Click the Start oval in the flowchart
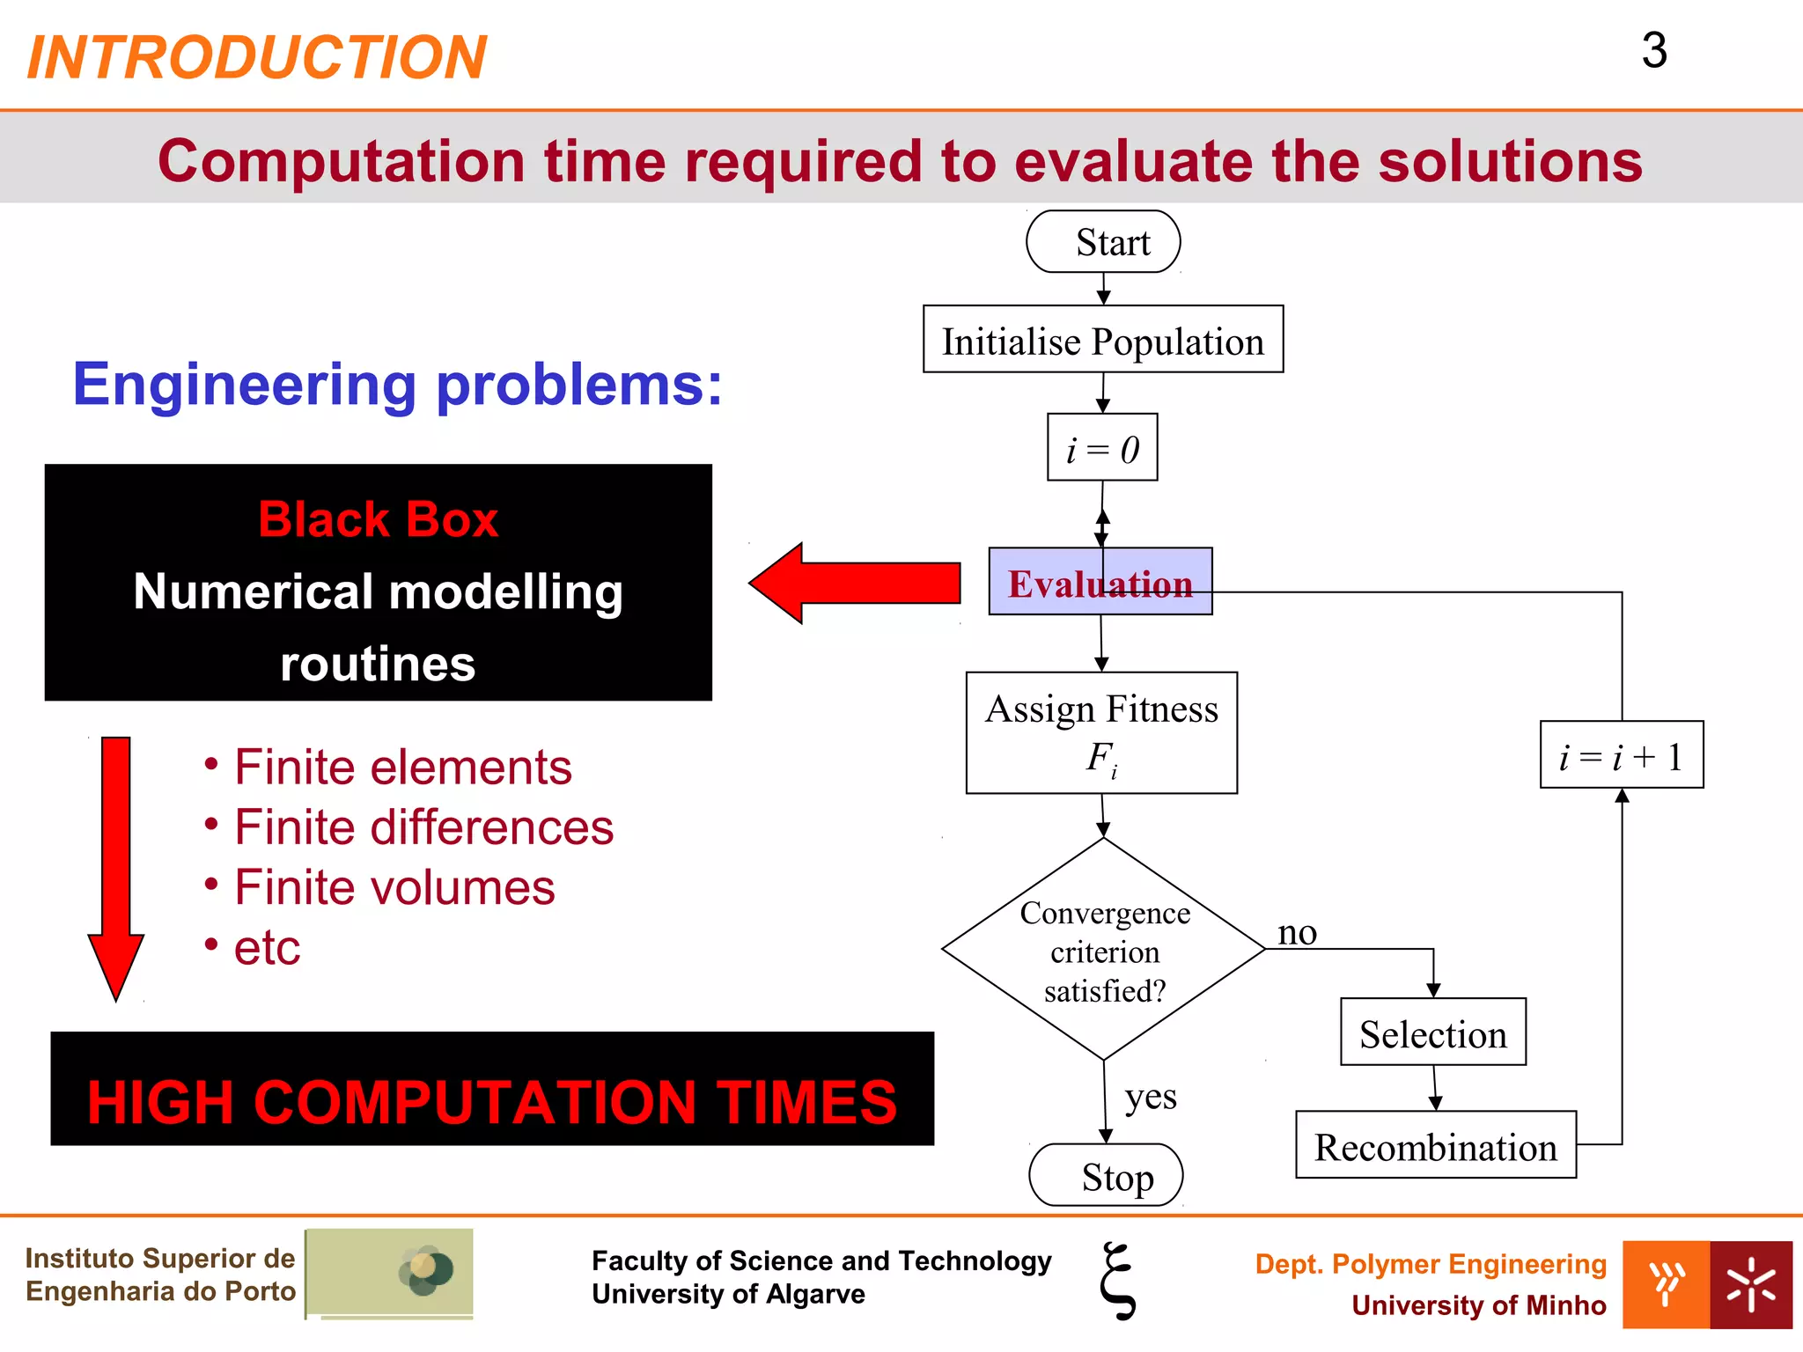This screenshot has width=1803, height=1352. coord(1103,242)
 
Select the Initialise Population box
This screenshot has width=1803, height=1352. coord(1103,340)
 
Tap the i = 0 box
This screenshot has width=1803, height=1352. coord(1102,448)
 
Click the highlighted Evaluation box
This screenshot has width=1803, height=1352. coord(1100,582)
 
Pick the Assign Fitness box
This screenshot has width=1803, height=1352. coord(1101,732)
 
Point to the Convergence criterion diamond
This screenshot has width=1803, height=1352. coord(1103,951)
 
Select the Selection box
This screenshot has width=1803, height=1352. coord(1433,1032)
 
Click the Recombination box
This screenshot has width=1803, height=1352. coord(1436,1145)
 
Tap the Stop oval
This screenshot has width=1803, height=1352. coord(1106,1175)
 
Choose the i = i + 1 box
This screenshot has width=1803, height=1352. coord(1622,755)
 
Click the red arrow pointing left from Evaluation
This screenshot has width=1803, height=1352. coord(854,583)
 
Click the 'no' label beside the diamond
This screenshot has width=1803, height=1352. coord(1297,932)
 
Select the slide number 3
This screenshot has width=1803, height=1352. coord(1654,50)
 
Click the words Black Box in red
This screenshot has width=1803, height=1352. coord(378,519)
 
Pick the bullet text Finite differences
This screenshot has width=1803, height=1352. coord(423,827)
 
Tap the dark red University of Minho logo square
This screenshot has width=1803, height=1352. coord(1751,1284)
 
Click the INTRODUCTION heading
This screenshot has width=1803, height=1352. coord(256,57)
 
